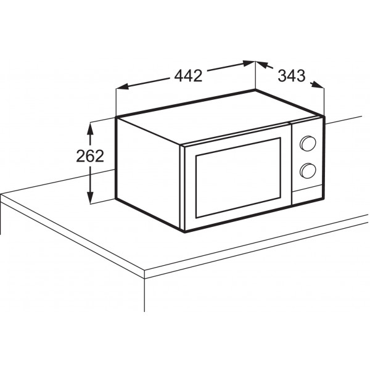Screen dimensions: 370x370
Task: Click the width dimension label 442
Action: click(x=188, y=75)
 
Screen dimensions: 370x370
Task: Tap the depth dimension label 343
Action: click(x=292, y=76)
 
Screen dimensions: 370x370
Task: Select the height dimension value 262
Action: click(x=90, y=156)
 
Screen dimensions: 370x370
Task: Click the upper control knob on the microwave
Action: click(x=308, y=143)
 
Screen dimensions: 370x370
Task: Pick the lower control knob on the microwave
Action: click(x=308, y=170)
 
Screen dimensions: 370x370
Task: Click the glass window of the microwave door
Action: click(x=238, y=178)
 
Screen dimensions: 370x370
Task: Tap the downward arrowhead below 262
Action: click(x=90, y=197)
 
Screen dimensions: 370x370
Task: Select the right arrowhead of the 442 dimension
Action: click(x=249, y=63)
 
